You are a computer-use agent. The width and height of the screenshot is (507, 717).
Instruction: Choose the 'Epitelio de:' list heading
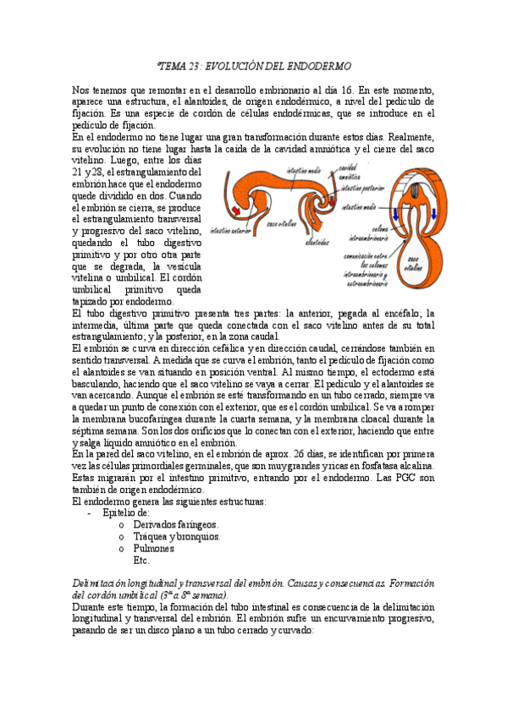pos(126,512)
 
